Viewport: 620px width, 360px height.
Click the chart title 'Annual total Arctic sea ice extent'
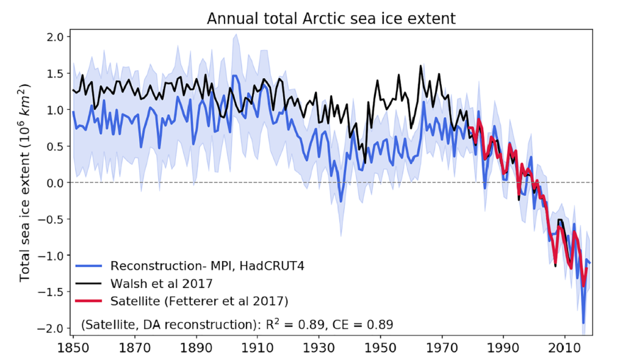click(x=331, y=18)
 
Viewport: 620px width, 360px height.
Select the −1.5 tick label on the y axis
click(x=52, y=292)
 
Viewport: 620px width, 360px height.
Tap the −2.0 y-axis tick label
click(x=52, y=328)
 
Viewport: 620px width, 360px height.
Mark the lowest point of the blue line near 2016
click(x=583, y=323)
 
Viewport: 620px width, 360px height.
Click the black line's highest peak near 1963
click(x=420, y=66)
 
